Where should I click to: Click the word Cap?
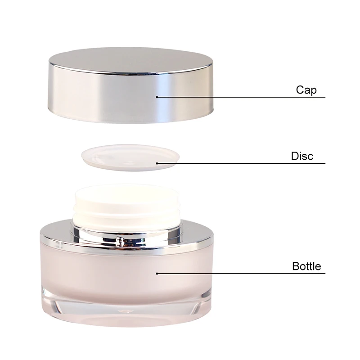pyautogui.click(x=306, y=90)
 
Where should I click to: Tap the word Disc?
pyautogui.click(x=301, y=157)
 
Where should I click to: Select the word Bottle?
pyautogui.click(x=306, y=266)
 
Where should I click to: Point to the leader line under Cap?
pyautogui.click(x=243, y=97)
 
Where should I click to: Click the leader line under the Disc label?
pyautogui.click(x=243, y=163)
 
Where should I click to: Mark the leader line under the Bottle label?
pyautogui.click(x=243, y=273)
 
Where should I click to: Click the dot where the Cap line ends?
pyautogui.click(x=157, y=96)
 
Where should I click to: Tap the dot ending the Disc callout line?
pyautogui.click(x=157, y=163)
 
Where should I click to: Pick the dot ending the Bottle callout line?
pyautogui.click(x=157, y=273)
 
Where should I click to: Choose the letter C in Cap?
pyautogui.click(x=300, y=90)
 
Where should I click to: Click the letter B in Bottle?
pyautogui.click(x=296, y=266)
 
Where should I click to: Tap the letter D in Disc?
pyautogui.click(x=295, y=157)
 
